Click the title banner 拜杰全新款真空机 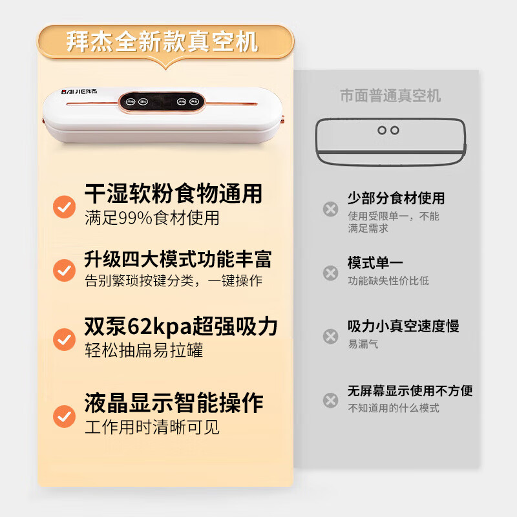point(163,42)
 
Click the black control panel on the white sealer point(162,101)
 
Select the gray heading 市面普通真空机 point(390,96)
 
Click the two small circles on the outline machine point(388,130)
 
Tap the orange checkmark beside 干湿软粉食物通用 point(64,207)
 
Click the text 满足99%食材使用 point(152,218)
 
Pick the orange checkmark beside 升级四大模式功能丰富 point(64,270)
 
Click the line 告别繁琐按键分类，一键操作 point(173,281)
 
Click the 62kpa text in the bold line point(158,326)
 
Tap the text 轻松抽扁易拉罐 point(144,350)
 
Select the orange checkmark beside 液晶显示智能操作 point(64,416)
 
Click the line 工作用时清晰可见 point(152,427)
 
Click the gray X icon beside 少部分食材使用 point(330,209)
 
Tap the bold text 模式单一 point(375,263)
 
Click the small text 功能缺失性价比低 point(388,280)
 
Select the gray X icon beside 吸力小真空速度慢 point(330,336)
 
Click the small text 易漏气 point(363,344)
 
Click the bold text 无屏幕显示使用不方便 point(410,390)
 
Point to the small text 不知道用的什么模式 point(394,408)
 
